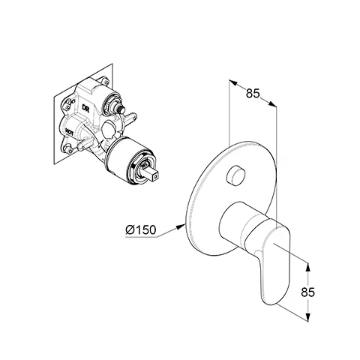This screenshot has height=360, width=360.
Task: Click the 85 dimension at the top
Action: (253, 94)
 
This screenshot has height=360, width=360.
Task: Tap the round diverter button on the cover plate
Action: (239, 178)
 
